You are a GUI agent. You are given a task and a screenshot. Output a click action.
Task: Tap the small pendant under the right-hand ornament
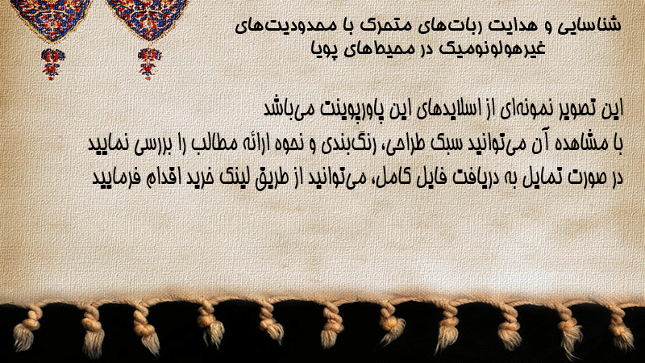click(x=149, y=64)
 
